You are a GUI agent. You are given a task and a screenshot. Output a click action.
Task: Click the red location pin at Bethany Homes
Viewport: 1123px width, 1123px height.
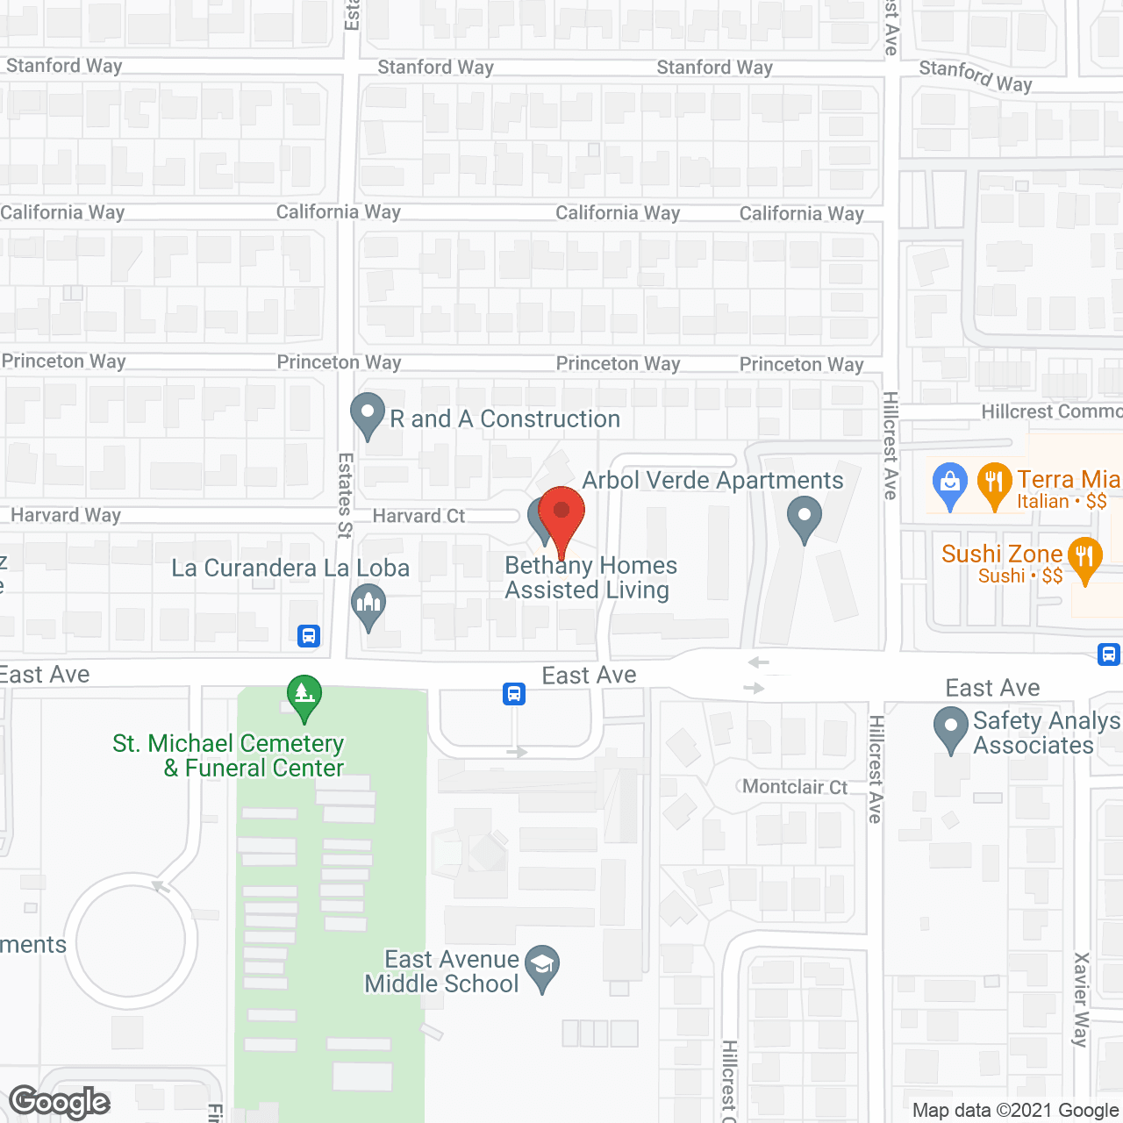(x=561, y=513)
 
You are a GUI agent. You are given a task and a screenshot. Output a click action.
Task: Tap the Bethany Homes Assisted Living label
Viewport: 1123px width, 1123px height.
(x=590, y=577)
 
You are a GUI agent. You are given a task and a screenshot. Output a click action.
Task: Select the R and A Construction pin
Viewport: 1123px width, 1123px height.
(x=368, y=414)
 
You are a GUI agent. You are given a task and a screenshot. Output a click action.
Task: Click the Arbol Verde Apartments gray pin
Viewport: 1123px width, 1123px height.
(x=804, y=518)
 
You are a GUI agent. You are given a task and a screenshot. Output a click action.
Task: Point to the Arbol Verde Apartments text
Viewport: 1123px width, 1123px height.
(x=712, y=481)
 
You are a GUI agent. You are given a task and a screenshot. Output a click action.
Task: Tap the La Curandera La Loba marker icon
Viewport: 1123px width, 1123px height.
(x=368, y=605)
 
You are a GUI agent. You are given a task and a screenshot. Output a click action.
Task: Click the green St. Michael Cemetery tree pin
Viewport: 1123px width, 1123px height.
(x=304, y=696)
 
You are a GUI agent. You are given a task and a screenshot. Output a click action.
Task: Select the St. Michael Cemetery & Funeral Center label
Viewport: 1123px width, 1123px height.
(x=229, y=755)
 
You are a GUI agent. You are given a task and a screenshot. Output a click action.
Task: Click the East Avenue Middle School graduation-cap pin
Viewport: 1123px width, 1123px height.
(x=542, y=968)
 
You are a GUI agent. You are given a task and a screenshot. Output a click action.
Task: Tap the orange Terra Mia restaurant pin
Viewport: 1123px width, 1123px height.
(x=994, y=483)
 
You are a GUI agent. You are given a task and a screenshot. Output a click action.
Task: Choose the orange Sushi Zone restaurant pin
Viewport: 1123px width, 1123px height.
(x=1085, y=559)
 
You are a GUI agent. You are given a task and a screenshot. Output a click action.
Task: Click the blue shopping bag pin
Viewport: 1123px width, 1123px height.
(x=949, y=483)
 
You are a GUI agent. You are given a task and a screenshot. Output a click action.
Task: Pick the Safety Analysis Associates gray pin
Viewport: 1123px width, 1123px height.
(x=950, y=729)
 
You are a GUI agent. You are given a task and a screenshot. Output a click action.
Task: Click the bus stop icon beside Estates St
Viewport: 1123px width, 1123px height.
(x=308, y=635)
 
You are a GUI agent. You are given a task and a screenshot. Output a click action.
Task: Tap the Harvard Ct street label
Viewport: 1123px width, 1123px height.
(x=418, y=516)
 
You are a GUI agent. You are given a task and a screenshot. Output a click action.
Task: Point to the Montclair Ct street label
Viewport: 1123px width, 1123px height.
(x=795, y=786)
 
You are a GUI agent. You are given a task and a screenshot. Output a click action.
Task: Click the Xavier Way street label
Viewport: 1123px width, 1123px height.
(x=1082, y=999)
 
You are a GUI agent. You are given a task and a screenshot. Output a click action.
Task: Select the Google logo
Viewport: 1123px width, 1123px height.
(x=59, y=1102)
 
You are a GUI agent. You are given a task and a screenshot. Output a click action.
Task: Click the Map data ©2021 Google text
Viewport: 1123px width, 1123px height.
(x=1015, y=1111)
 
